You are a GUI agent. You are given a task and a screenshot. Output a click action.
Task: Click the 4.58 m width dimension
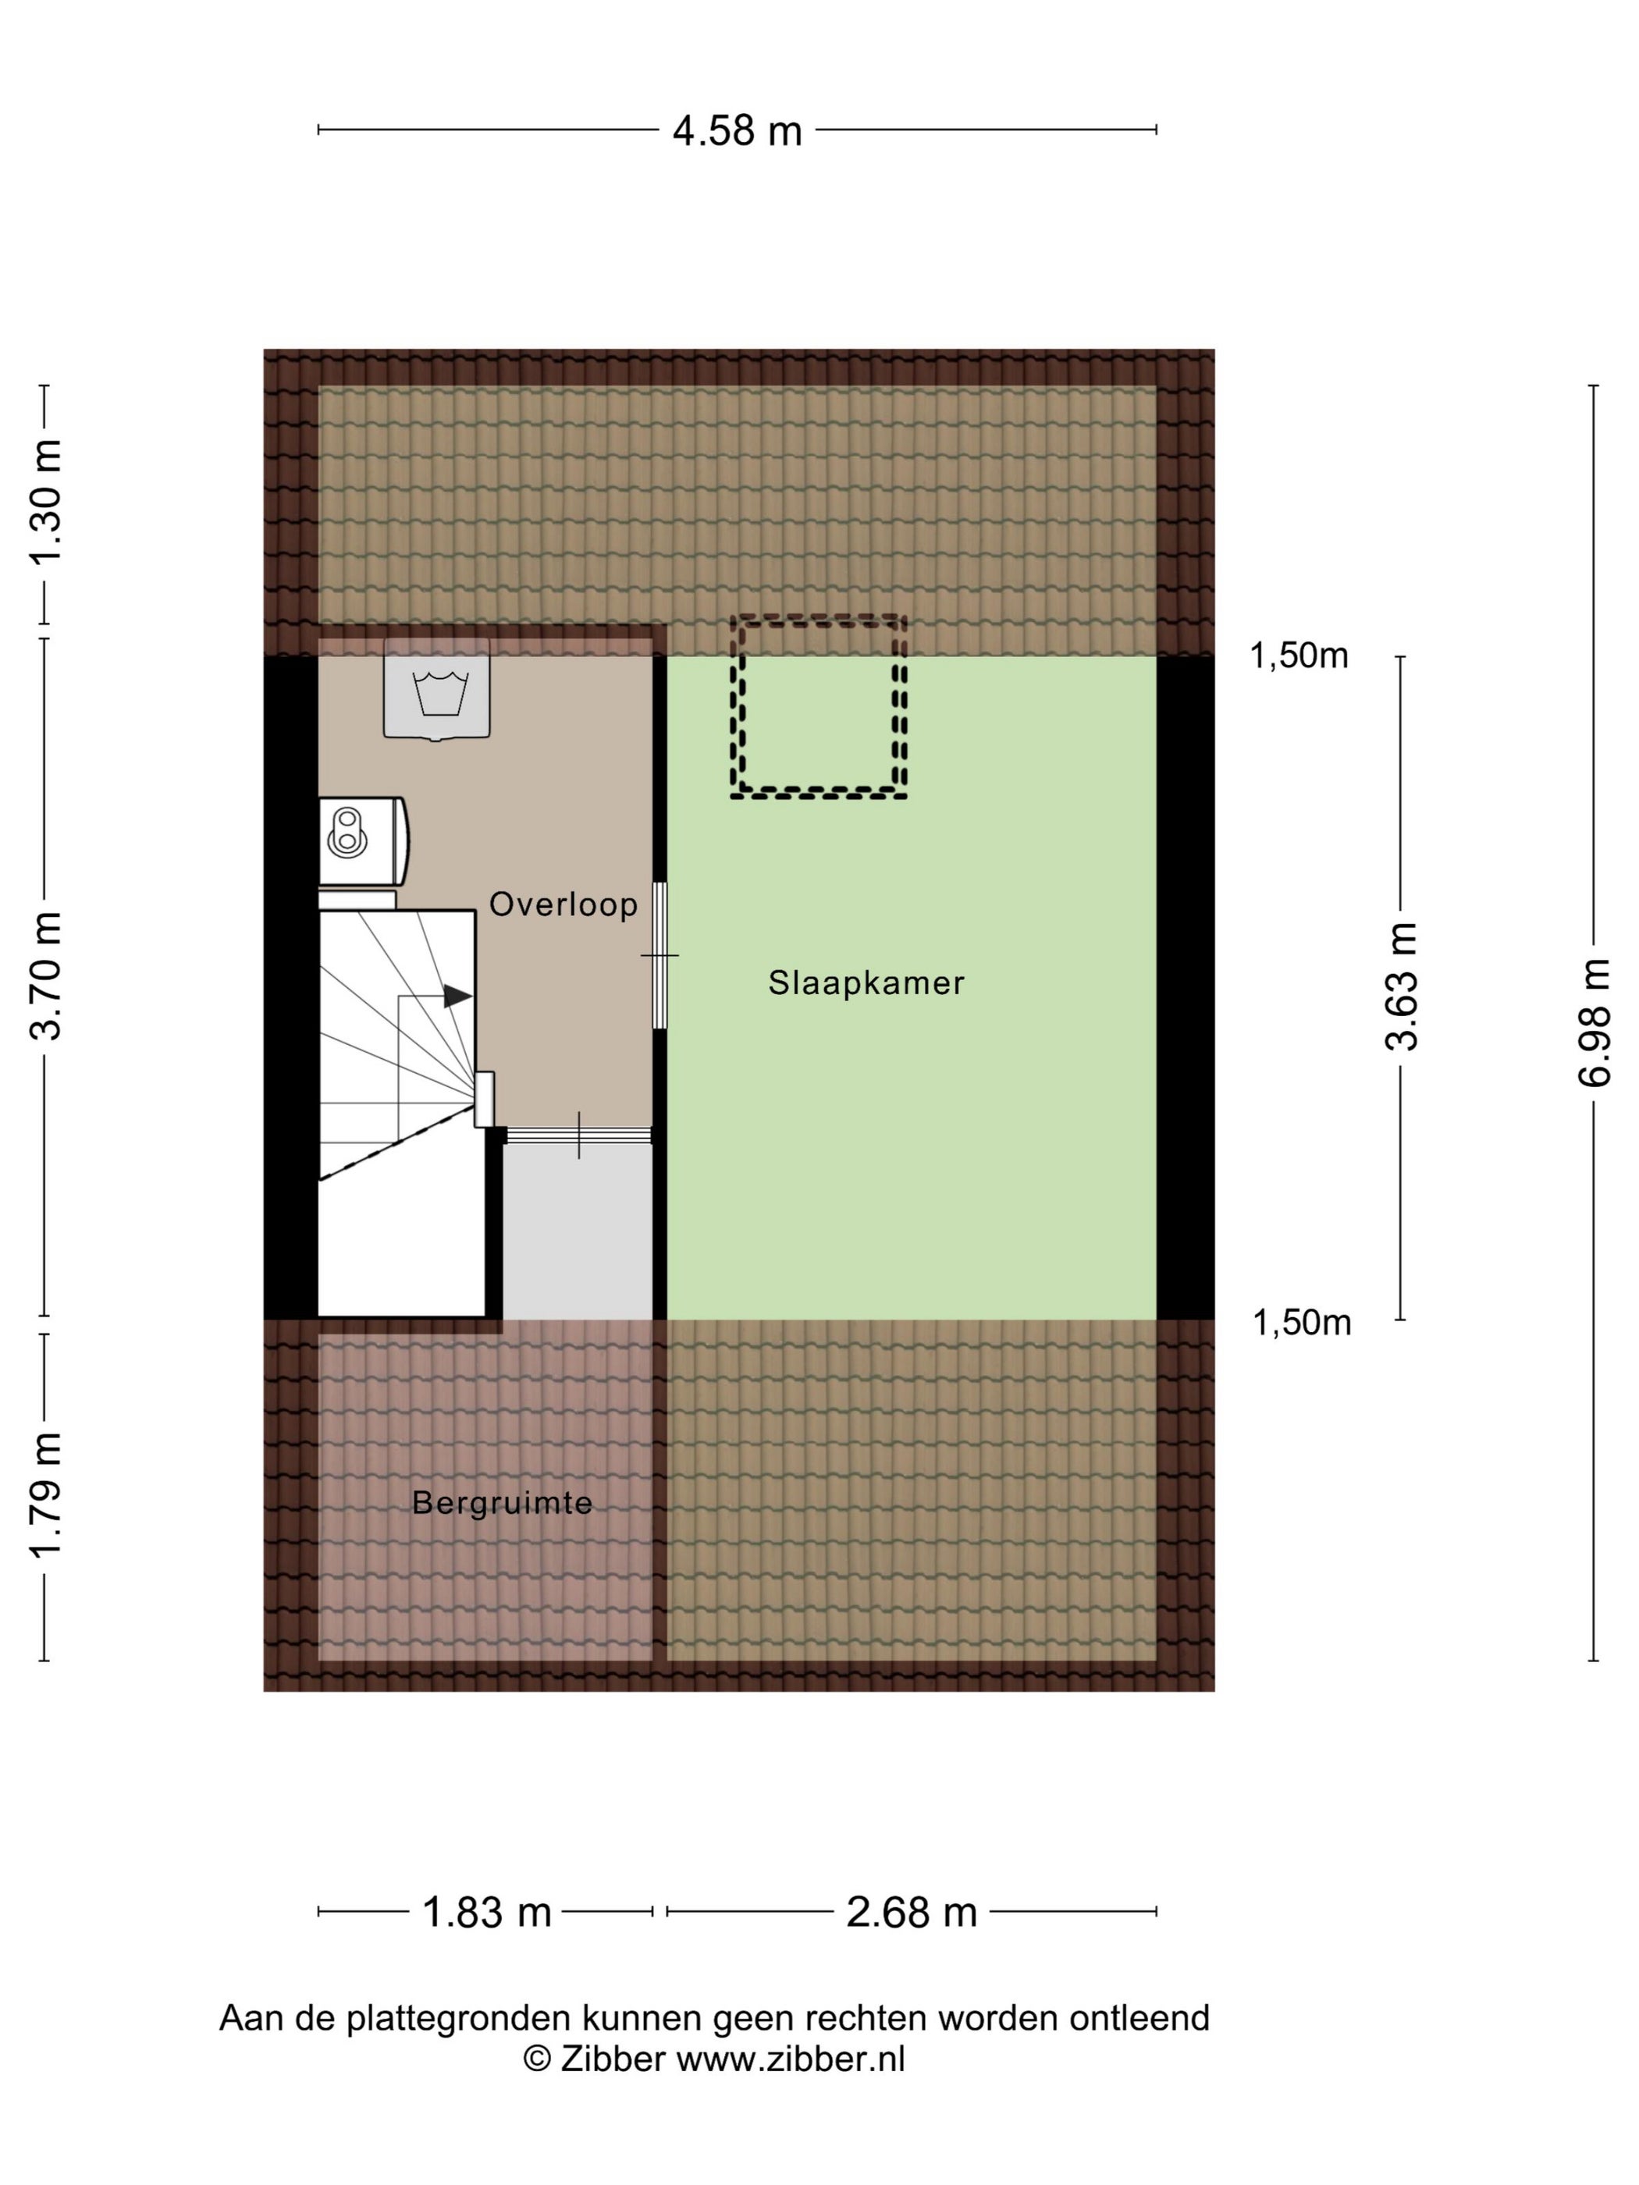736,130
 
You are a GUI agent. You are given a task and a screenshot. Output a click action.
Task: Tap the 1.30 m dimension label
46,503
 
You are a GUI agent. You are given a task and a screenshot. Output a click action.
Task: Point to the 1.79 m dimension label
46,1495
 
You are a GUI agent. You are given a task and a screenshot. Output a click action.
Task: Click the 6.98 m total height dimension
1594,1023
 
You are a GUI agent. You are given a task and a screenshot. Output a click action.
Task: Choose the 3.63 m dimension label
1401,986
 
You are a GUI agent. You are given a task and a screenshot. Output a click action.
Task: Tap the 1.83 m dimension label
486,1913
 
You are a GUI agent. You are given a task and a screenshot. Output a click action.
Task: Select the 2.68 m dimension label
911,1913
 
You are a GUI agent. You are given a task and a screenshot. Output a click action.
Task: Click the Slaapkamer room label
866,982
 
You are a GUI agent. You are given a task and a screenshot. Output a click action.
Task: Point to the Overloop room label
564,904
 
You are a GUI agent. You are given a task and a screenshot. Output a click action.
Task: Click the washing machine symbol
436,688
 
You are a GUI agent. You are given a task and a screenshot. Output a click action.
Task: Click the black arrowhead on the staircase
457,997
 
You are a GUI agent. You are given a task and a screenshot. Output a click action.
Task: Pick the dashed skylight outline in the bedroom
819,706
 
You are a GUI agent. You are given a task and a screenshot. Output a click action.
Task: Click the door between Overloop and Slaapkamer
660,956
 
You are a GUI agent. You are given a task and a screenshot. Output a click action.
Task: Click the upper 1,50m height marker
1299,656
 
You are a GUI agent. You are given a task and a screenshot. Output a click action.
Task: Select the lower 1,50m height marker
1302,1323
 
